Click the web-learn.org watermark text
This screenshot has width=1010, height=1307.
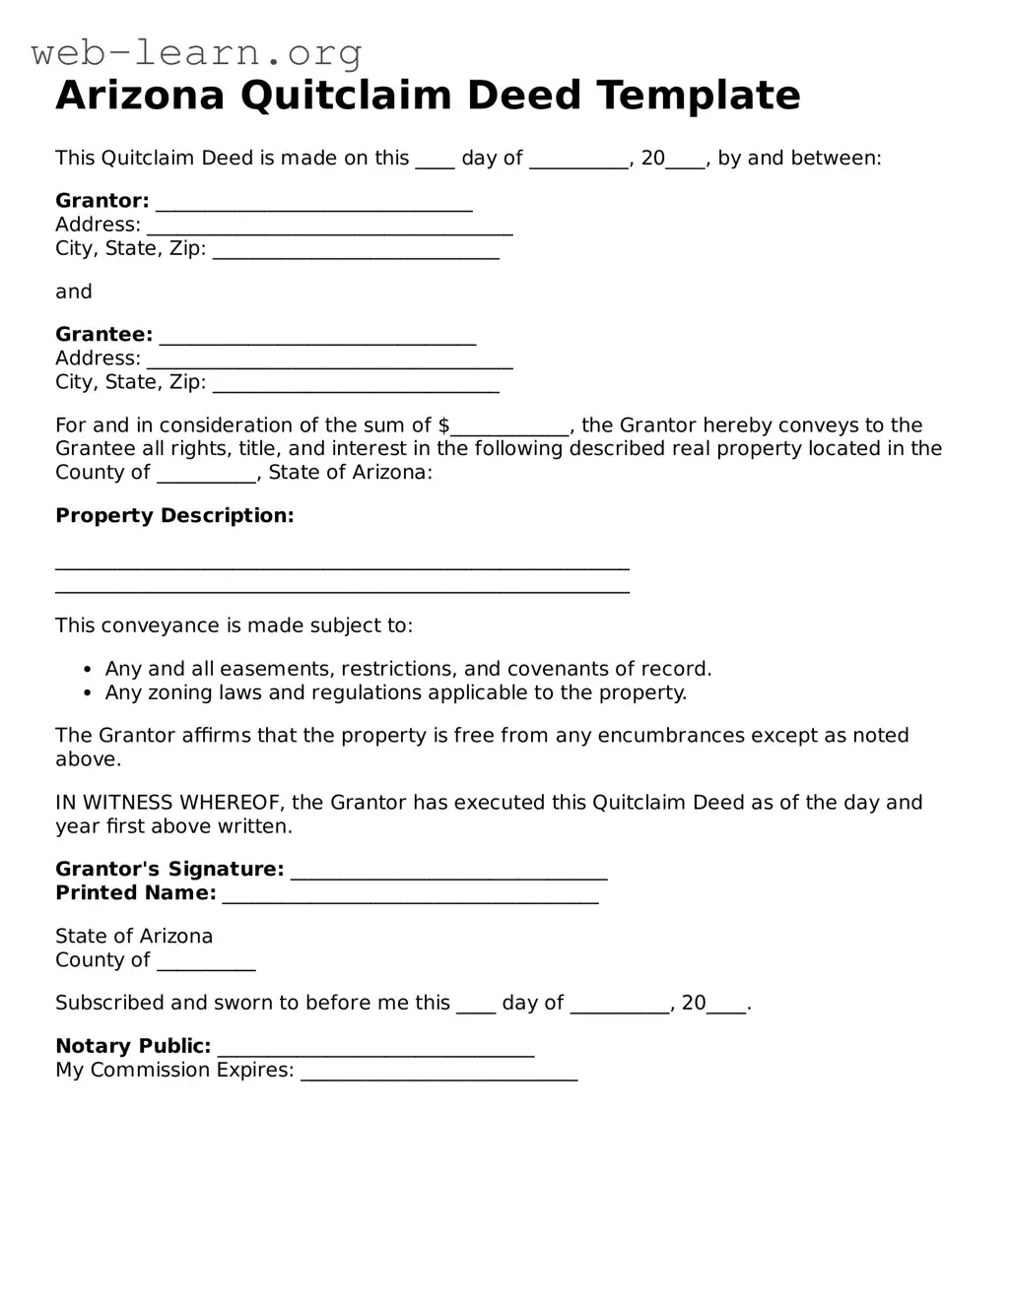point(197,52)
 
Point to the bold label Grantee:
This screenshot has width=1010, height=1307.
point(103,335)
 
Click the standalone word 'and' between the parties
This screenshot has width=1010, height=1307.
point(74,292)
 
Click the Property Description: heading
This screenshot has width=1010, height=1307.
point(174,516)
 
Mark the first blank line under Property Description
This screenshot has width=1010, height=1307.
point(342,566)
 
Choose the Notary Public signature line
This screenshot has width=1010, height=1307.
point(375,1049)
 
